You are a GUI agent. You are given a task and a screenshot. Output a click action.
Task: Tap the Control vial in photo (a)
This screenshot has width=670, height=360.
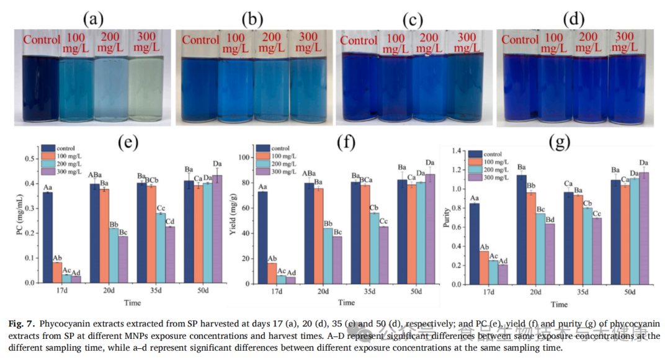41,90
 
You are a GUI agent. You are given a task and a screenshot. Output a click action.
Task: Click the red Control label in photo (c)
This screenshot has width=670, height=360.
359,41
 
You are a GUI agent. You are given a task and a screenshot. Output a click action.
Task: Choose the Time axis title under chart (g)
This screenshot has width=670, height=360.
559,304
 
